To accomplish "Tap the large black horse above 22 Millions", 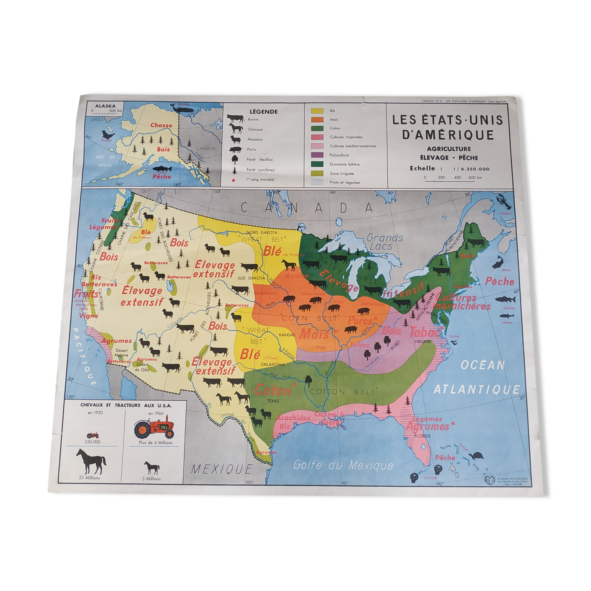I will [x=91, y=461].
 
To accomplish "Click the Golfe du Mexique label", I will [x=343, y=465].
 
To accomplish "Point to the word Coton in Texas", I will [x=273, y=390].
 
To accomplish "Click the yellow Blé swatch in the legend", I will [x=317, y=110].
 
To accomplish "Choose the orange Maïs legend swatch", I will [x=317, y=119].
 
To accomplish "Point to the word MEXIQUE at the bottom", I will [x=221, y=470].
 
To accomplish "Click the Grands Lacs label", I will [x=385, y=242].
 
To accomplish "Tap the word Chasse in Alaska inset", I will [x=161, y=125].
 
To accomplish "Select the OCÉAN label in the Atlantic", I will [x=483, y=365].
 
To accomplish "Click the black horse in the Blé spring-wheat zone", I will [x=289, y=265].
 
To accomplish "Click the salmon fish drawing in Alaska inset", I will [x=161, y=170].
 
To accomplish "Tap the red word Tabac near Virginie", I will [x=424, y=332].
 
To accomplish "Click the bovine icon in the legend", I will [x=235, y=119].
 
